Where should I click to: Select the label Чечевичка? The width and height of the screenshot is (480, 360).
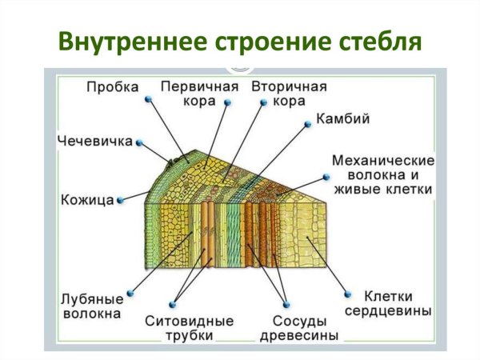click(94, 142)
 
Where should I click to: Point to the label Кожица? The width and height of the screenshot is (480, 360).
click(86, 199)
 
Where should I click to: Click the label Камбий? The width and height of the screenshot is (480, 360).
click(342, 121)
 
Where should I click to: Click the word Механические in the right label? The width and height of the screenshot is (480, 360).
click(382, 160)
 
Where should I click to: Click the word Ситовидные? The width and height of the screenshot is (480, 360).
click(189, 320)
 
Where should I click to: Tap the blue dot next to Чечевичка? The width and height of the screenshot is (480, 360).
click(139, 142)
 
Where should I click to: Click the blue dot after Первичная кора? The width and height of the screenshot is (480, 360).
click(227, 102)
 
